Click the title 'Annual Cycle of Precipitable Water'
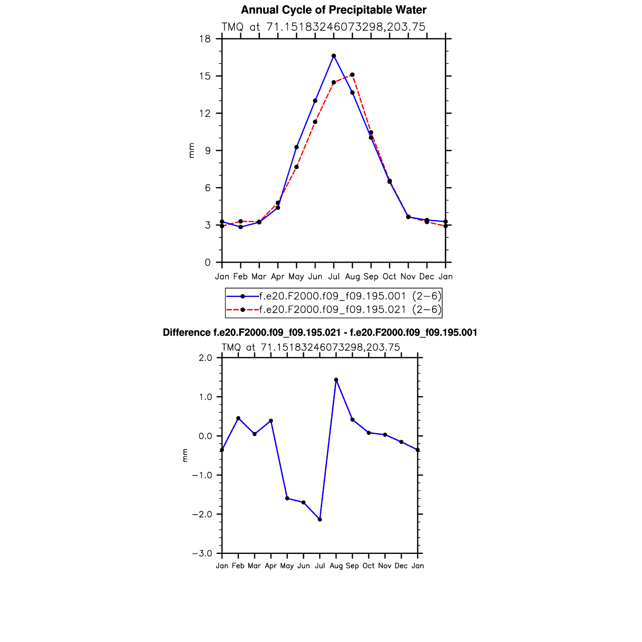click(x=333, y=10)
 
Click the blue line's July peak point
click(x=334, y=55)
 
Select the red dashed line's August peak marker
click(x=352, y=75)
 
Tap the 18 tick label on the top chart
click(x=205, y=39)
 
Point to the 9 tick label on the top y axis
click(x=208, y=151)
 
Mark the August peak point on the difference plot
click(x=336, y=380)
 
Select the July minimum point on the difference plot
click(x=320, y=519)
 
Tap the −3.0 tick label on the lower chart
click(x=202, y=553)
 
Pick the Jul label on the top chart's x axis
click(x=334, y=277)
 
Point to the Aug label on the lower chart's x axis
click(x=336, y=566)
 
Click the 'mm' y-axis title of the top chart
click(x=191, y=151)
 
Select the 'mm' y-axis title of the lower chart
click(x=185, y=455)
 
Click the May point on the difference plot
click(x=287, y=498)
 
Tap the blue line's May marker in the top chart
click(x=297, y=147)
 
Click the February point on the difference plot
click(x=238, y=418)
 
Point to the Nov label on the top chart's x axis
click(x=408, y=277)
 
